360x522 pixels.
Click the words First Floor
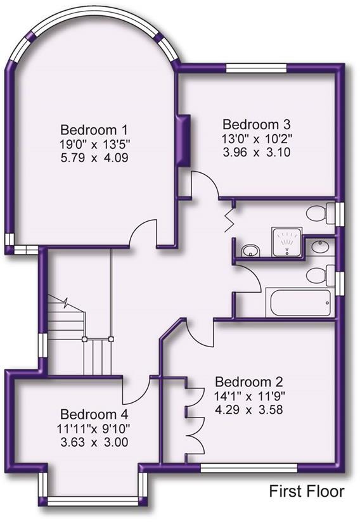click(307, 491)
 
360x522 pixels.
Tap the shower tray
click(288, 241)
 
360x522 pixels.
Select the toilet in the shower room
click(321, 213)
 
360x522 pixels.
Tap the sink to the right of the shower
click(321, 245)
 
